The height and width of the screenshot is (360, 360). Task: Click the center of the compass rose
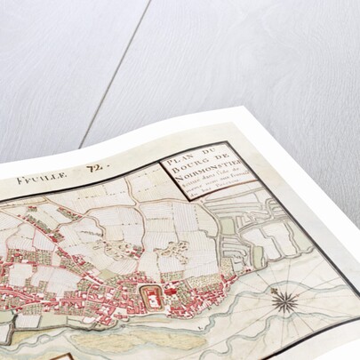pos(284,301)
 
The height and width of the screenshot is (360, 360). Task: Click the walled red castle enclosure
pos(153,299)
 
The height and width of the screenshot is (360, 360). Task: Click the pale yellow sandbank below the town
pos(116,342)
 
